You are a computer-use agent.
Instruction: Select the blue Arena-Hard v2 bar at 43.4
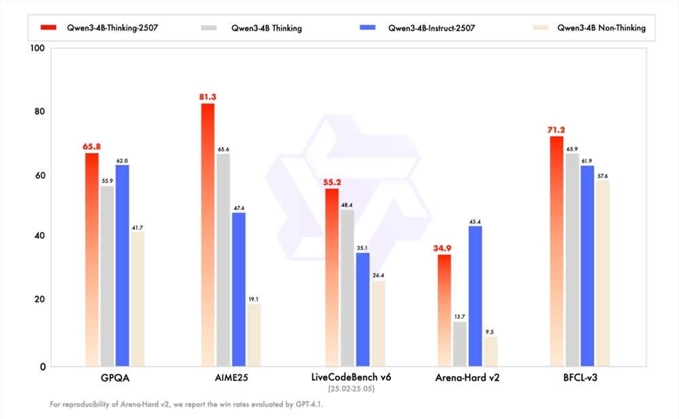pyautogui.click(x=476, y=296)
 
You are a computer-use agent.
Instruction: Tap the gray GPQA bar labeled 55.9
pyautogui.click(x=107, y=275)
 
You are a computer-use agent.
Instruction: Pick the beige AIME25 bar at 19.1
pyautogui.click(x=253, y=335)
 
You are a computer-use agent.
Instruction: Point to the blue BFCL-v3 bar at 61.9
pyautogui.click(x=587, y=265)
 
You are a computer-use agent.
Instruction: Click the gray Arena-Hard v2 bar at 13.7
pyautogui.click(x=460, y=343)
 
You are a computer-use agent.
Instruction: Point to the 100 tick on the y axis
pyautogui.click(x=37, y=49)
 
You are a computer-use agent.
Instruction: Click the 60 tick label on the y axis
pyautogui.click(x=39, y=175)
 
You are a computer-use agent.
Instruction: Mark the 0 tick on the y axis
pyautogui.click(x=42, y=367)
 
